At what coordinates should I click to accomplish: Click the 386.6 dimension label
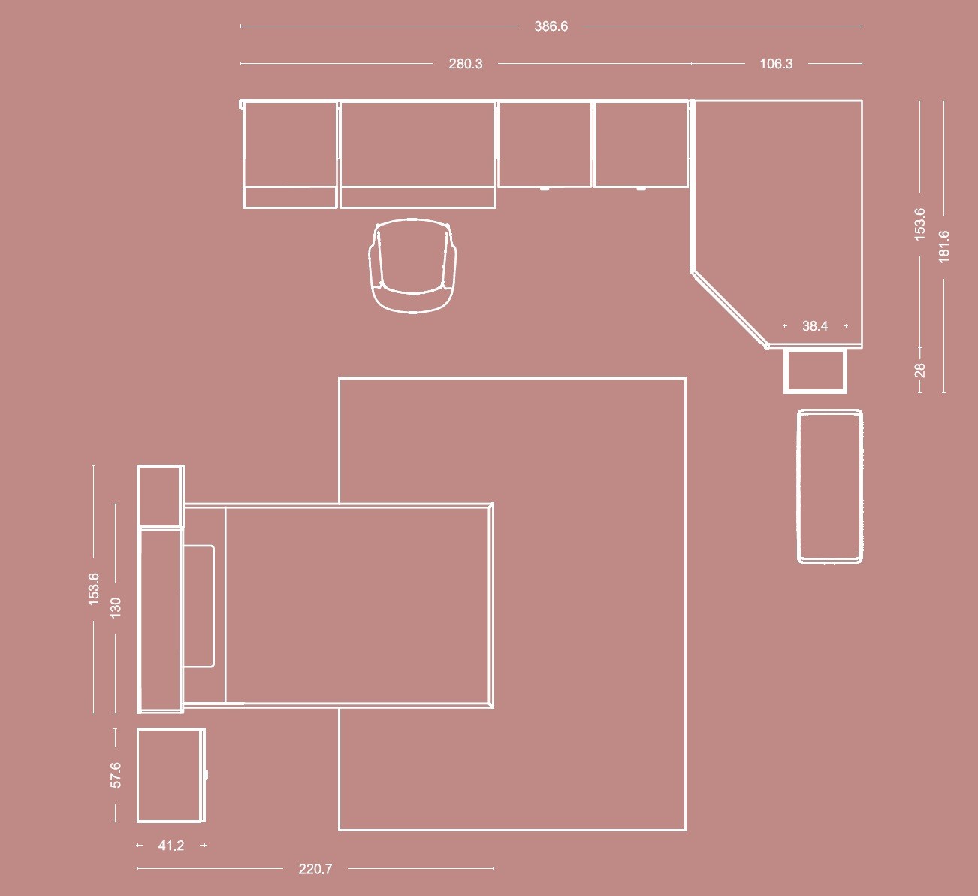point(551,26)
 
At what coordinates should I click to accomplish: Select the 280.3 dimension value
point(466,64)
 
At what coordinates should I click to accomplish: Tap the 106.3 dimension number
point(776,64)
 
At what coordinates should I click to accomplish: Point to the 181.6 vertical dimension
point(944,247)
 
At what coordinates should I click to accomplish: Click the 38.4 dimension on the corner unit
point(815,326)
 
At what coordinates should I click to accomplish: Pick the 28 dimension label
point(919,371)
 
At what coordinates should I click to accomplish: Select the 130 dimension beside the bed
point(116,608)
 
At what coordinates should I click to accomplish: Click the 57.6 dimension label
point(116,775)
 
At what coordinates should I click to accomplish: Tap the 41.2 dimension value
point(171,846)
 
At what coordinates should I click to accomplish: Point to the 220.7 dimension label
point(315,869)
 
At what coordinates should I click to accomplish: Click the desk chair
point(412,265)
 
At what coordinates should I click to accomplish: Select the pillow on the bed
point(198,606)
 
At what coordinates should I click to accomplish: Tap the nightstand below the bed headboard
point(171,775)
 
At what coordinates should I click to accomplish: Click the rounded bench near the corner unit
point(830,486)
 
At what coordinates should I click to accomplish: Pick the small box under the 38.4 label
point(815,371)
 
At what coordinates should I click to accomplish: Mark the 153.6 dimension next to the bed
point(94,589)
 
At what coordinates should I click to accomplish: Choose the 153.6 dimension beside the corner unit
point(919,224)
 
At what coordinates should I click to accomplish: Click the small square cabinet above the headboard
point(161,496)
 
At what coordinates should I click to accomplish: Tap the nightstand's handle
point(207,775)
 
